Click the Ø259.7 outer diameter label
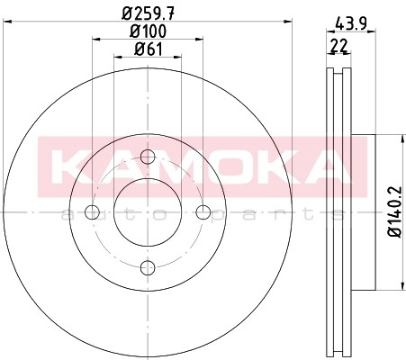coord(148,13)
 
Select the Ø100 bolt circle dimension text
coord(148,31)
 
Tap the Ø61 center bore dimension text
coord(149,49)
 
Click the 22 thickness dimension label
coord(338,46)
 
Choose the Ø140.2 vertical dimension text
coord(394,211)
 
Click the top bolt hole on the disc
coord(148,157)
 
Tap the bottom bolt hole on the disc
coord(148,267)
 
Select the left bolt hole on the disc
coord(92,212)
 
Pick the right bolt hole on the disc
coord(203,212)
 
